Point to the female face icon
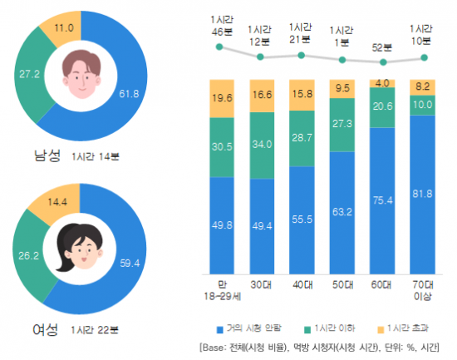pyautogui.click(x=80, y=245)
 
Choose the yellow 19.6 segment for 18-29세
pyautogui.click(x=220, y=98)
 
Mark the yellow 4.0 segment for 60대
pyautogui.click(x=382, y=84)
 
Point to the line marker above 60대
pyautogui.click(x=382, y=62)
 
